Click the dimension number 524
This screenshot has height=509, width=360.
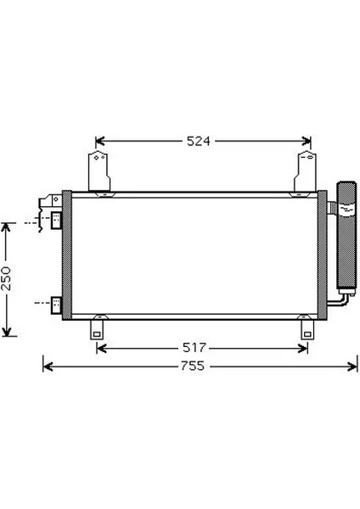point(198,141)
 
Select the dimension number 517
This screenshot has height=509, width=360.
point(194,348)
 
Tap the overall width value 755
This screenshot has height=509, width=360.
point(193,366)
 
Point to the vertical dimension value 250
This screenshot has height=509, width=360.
point(6,278)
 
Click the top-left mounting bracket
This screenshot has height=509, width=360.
point(99,171)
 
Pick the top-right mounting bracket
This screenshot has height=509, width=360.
point(306,171)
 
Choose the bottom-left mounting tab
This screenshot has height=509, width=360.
point(97,329)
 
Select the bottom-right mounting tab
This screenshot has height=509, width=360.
point(307,329)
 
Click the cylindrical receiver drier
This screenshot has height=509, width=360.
point(346,238)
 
